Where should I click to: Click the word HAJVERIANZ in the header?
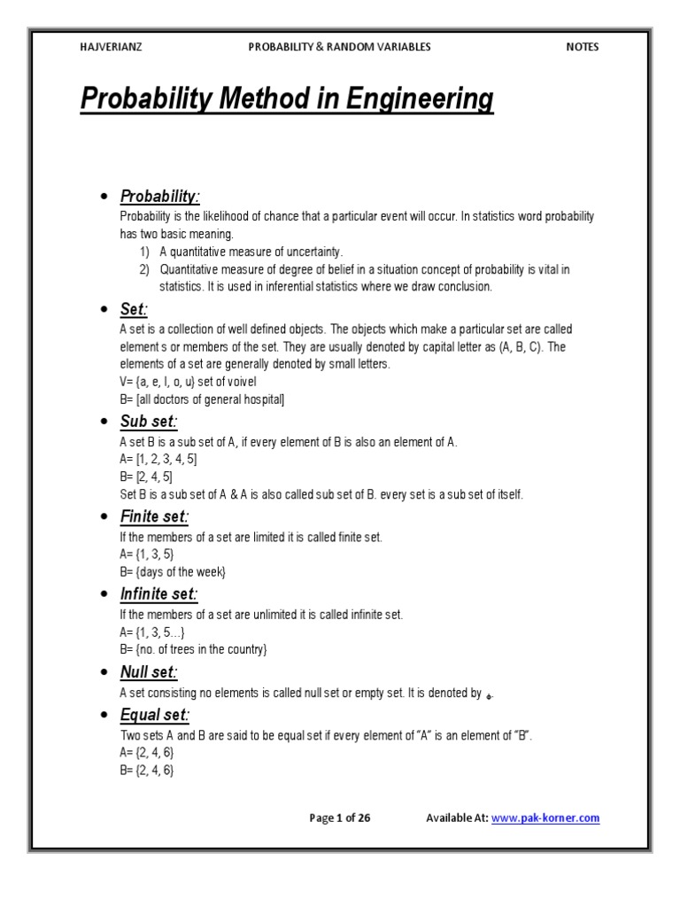click(109, 47)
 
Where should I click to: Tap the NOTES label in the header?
click(583, 47)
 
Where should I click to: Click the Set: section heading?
click(135, 309)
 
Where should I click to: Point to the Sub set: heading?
click(149, 421)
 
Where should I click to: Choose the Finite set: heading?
click(155, 516)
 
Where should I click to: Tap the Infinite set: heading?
click(159, 593)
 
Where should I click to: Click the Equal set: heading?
click(155, 715)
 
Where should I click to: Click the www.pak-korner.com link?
click(545, 818)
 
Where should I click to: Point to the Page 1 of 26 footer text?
click(340, 818)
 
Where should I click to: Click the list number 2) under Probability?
click(143, 269)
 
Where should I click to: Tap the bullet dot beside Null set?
click(104, 673)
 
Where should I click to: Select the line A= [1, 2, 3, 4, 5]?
click(158, 459)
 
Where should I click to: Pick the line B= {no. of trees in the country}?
click(193, 650)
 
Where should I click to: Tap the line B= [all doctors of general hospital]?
click(202, 399)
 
